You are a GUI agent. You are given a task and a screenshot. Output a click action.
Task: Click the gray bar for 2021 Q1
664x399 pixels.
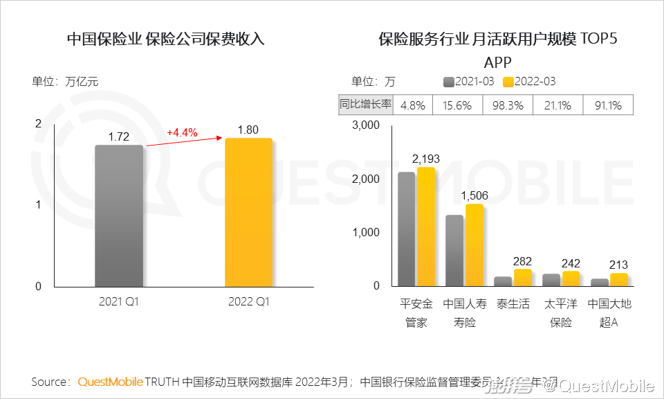[x=119, y=215]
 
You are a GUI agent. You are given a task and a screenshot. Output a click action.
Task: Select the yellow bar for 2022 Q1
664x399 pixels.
[x=248, y=212]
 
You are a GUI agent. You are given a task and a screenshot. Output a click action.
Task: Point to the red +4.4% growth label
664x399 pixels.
[x=182, y=132]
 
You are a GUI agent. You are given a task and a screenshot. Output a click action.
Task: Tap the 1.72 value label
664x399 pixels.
[x=119, y=137]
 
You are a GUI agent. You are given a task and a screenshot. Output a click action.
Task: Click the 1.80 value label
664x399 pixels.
[x=248, y=130]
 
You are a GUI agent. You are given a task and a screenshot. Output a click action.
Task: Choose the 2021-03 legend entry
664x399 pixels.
[x=469, y=82]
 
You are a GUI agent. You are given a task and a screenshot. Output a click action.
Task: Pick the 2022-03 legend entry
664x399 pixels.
[x=530, y=82]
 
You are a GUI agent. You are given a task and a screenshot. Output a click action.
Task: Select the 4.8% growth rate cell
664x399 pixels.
[x=412, y=105]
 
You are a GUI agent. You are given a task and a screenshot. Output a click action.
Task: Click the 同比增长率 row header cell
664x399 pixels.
[x=365, y=105]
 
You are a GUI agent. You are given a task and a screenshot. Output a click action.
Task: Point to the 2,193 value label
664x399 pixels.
[x=426, y=159]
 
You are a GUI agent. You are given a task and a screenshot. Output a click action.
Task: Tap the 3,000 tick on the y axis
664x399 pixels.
[x=366, y=125]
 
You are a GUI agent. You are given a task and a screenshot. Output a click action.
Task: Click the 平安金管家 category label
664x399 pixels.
[x=416, y=313]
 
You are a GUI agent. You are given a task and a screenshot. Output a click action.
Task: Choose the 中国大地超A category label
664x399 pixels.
[x=609, y=313]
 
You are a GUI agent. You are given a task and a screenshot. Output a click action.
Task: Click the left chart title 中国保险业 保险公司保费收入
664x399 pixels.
[x=165, y=39]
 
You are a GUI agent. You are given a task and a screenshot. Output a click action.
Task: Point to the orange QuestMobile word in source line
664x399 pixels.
[x=110, y=382]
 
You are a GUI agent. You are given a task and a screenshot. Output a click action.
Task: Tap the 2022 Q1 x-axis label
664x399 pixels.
[x=248, y=302]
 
